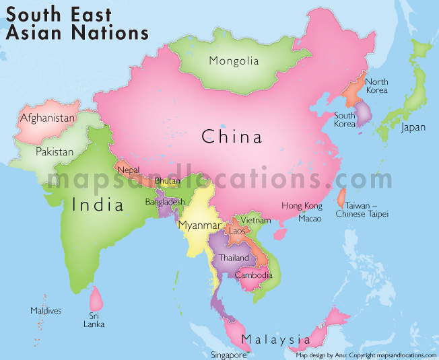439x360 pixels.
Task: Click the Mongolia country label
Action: coord(234,61)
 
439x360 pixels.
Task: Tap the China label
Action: coord(232,138)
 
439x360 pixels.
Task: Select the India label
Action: coord(98,204)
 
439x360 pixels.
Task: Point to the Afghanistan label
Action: coord(47,118)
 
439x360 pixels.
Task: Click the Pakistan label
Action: coord(55,151)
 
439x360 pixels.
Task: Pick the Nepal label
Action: coord(128,170)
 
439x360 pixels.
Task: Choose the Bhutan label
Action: coord(167,181)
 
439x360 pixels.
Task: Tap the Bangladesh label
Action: coord(165,202)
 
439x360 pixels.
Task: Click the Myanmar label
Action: coord(200,225)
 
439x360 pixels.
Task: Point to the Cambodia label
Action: coord(254,275)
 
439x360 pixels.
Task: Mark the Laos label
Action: coord(238,231)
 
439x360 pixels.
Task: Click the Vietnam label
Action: coord(256,220)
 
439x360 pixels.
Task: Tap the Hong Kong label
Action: coord(302,206)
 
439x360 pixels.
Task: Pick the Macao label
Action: coord(310,219)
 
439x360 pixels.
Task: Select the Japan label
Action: coord(413,127)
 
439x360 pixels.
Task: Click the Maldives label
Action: coord(46,311)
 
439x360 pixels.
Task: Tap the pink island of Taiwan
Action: coord(341,196)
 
